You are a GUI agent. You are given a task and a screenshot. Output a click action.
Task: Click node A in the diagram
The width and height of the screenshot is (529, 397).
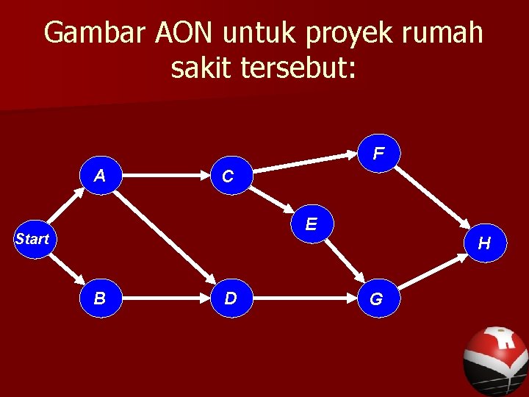99,176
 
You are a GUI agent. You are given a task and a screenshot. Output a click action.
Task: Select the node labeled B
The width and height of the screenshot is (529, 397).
99,298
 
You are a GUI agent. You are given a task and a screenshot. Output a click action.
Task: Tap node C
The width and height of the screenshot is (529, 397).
228,176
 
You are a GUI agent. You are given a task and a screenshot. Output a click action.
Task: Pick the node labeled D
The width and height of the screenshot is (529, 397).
230,298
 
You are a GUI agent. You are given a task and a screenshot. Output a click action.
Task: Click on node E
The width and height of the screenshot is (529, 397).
312,223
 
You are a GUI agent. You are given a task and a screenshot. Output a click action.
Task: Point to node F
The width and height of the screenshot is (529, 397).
378,154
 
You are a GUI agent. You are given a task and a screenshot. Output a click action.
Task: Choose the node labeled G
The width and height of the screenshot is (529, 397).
376,299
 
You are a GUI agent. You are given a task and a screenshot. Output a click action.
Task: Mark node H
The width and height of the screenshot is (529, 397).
484,243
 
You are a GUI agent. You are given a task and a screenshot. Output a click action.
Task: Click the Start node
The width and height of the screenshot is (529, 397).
32,239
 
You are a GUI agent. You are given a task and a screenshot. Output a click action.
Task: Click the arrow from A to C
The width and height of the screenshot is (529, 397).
164,176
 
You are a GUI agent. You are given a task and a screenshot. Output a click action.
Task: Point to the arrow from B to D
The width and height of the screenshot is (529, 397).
165,299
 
